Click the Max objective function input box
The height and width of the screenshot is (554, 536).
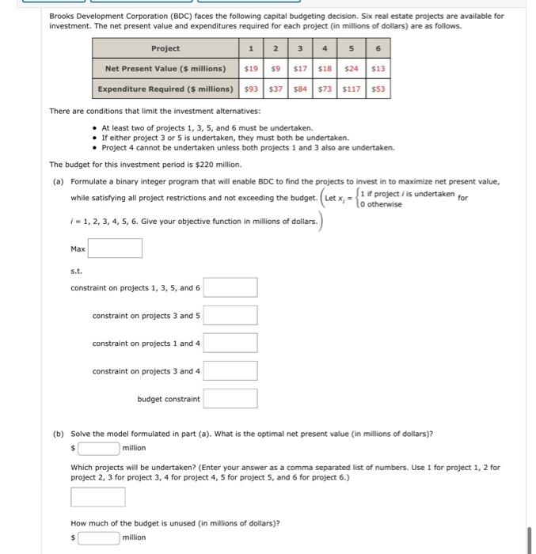coord(115,249)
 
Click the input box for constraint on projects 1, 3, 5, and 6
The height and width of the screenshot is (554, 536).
coord(230,287)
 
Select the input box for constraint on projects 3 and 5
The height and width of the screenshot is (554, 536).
coord(230,316)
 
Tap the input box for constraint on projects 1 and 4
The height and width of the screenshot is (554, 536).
coord(230,343)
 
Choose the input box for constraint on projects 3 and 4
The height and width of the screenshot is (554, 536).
coord(230,371)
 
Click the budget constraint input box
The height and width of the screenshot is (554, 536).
coord(230,399)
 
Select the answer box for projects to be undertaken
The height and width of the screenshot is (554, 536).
coord(98,497)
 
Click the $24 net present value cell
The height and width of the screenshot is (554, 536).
coord(351,69)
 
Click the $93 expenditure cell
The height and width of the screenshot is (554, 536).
coord(250,89)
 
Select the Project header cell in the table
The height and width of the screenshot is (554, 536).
coord(165,49)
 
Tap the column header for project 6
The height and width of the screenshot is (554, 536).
coord(378,49)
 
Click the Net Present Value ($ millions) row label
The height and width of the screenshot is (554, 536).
coord(165,69)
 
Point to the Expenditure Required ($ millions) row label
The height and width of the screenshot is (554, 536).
coord(165,89)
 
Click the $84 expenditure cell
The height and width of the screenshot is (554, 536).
coord(299,89)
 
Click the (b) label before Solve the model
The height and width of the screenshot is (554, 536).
coord(58,433)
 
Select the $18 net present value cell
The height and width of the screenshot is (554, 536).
coord(324,69)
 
